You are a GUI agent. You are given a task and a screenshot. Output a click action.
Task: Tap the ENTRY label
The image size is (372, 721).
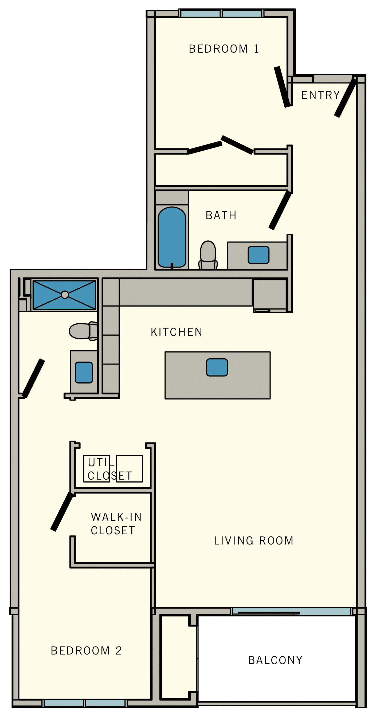tap(320, 95)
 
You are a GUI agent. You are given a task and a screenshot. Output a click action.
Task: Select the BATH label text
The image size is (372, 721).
tap(221, 215)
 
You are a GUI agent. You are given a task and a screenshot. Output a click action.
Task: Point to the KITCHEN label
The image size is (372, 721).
tap(176, 332)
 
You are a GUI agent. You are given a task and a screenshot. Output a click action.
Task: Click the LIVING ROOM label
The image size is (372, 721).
tap(254, 541)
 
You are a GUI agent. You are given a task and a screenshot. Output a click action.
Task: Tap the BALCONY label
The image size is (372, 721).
tap(275, 660)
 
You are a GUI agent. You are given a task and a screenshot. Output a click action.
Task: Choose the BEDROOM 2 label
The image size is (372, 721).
tap(86, 651)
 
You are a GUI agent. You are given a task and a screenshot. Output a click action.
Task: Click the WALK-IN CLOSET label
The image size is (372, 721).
tap(116, 524)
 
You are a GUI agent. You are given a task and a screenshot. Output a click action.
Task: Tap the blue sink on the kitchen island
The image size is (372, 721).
tap(217, 367)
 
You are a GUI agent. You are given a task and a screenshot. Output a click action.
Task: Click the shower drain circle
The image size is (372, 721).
tap(65, 295)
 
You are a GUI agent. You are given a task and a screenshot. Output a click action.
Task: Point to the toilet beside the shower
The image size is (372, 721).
tap(83, 331)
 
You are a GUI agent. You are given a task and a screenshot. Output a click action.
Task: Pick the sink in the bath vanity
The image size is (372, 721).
tap(258, 255)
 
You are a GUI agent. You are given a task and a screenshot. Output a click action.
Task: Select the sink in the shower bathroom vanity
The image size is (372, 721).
tap(84, 373)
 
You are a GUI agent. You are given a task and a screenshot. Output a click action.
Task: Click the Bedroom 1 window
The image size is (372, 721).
tap(221, 13)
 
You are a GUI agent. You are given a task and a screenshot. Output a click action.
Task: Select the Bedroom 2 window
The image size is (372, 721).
tap(85, 703)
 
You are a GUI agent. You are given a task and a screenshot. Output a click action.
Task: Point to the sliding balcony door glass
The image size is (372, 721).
tap(291, 612)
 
